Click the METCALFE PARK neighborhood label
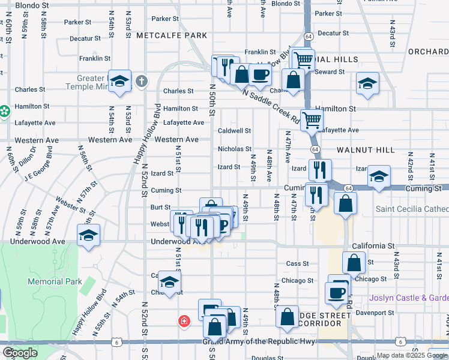coord(172,35)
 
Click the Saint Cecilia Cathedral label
coord(412,209)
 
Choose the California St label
coord(373,246)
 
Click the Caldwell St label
coord(234,130)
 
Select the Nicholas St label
coord(234,149)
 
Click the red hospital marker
coord(183,321)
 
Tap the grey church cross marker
coord(141,80)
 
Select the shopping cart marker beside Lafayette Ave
coord(312,120)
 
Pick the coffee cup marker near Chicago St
coord(336,293)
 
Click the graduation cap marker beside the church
coord(120,82)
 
